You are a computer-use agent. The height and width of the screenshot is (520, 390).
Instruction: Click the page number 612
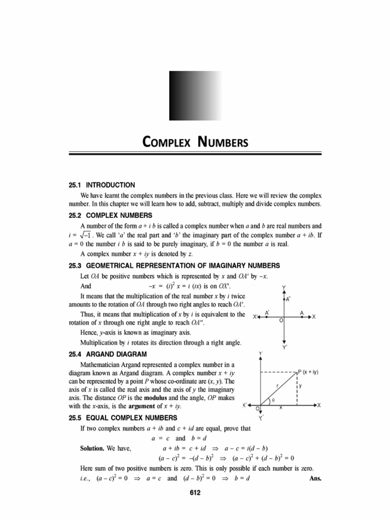coord(194,492)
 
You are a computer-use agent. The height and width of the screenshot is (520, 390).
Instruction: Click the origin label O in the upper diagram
coord(281,321)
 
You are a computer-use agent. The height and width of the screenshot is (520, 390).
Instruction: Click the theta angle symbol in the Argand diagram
coord(273,400)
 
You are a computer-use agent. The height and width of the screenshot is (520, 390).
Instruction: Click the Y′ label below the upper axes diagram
coord(285,348)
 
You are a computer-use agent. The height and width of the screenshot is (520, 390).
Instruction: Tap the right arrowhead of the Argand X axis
coord(318,405)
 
